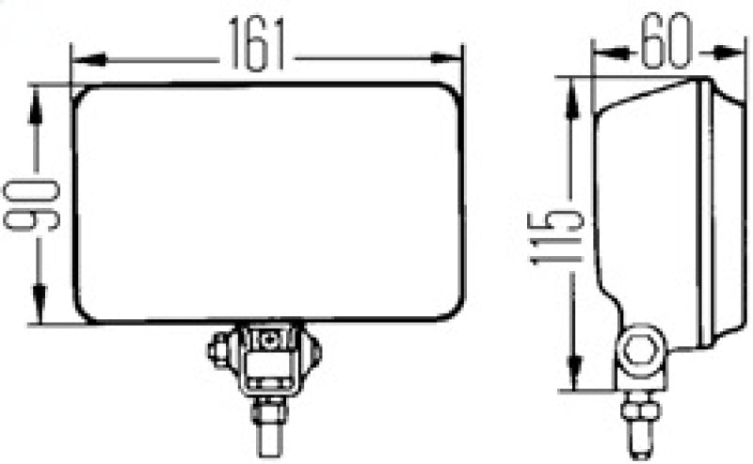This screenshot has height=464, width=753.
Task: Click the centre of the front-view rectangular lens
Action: [267, 203]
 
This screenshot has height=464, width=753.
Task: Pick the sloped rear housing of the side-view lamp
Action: [612, 188]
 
